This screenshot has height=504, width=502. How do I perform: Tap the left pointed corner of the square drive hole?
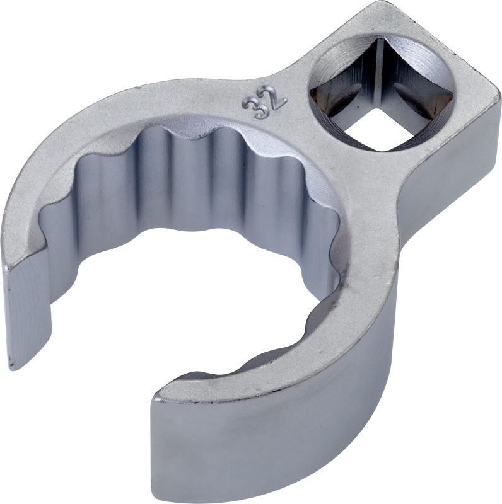pos(313,93)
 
